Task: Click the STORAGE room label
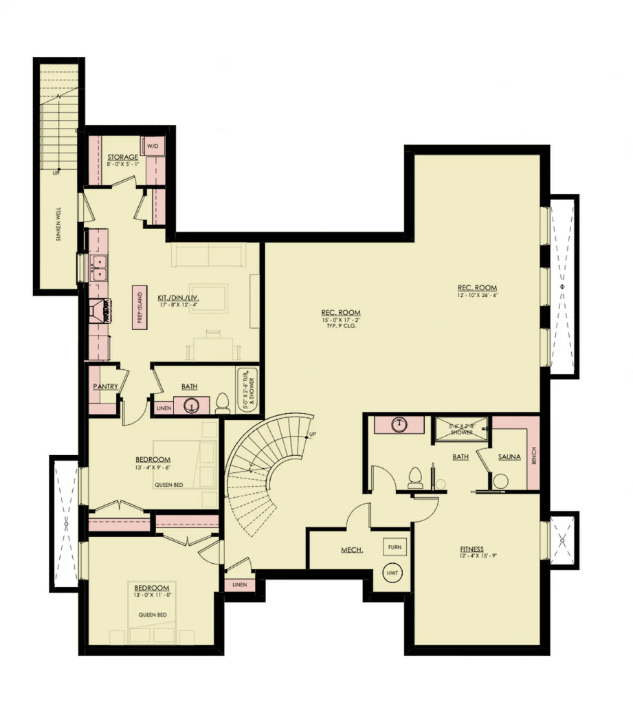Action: pos(122,157)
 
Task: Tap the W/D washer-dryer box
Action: pos(151,145)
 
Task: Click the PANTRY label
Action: pos(106,386)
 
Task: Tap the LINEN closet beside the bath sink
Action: pos(163,408)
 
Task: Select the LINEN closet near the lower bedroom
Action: pos(239,584)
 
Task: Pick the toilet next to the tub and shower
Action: pos(222,404)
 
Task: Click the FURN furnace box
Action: pos(394,547)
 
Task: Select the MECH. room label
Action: pos(352,550)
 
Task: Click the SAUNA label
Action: pos(509,456)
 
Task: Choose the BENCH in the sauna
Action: pos(534,454)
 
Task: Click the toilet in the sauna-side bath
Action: pos(415,477)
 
